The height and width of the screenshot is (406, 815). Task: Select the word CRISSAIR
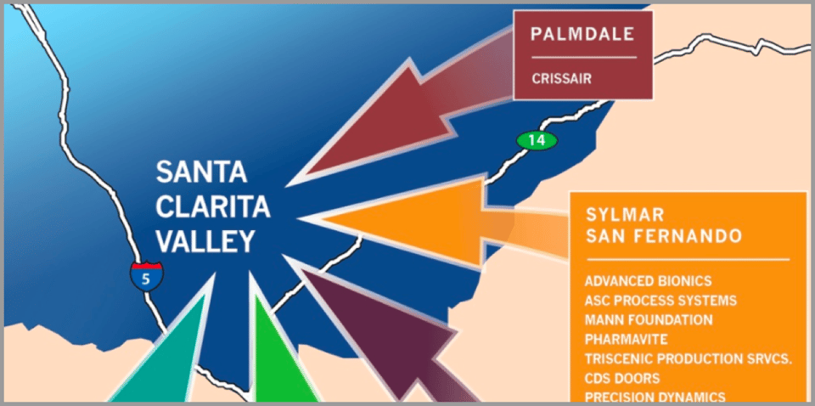[561, 79]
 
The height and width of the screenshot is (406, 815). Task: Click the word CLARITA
[213, 207]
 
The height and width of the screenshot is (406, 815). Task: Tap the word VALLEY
[205, 241]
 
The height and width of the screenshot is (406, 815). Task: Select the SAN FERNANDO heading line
[664, 234]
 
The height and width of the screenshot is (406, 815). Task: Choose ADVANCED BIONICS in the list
[648, 281]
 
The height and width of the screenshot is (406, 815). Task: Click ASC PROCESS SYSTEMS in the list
[660, 301]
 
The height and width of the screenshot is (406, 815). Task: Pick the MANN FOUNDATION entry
[649, 320]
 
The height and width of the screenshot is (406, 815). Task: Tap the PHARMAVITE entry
[627, 340]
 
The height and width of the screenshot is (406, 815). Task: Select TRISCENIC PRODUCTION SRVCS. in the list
[688, 359]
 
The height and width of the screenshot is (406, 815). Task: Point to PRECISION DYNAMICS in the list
[655, 397]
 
